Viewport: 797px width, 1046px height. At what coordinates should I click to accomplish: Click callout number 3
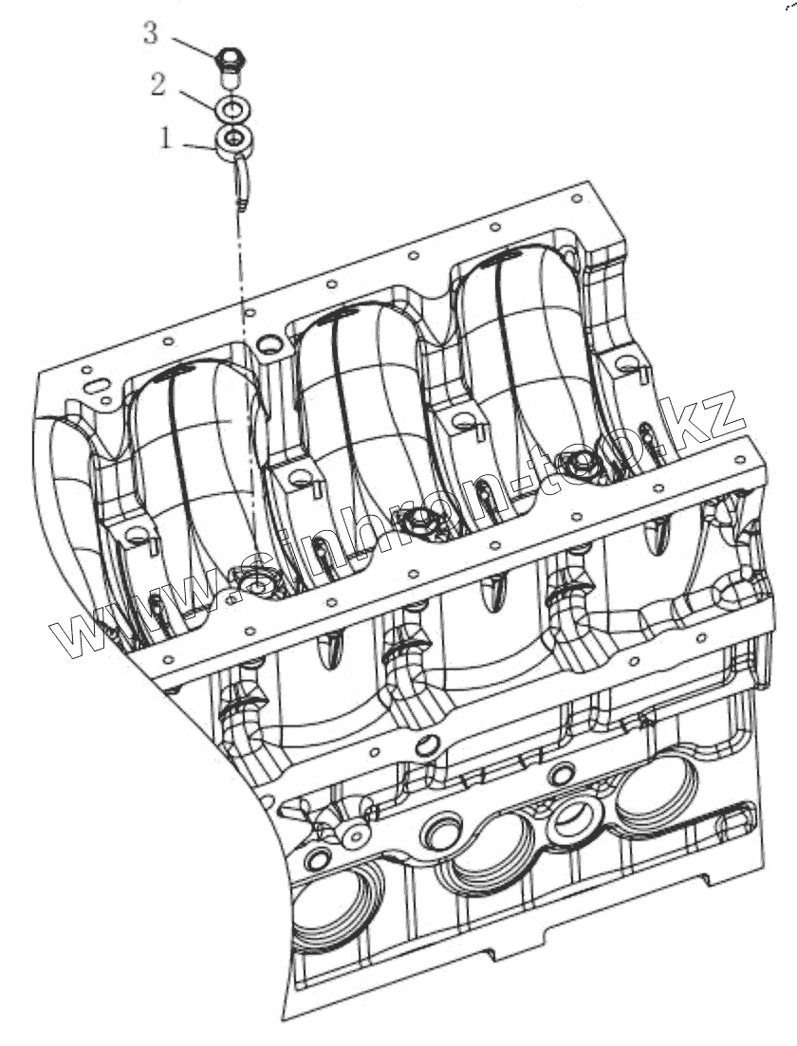(x=151, y=33)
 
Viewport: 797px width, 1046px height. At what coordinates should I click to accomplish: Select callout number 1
(x=165, y=138)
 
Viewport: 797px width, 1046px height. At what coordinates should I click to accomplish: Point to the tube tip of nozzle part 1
(x=241, y=205)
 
